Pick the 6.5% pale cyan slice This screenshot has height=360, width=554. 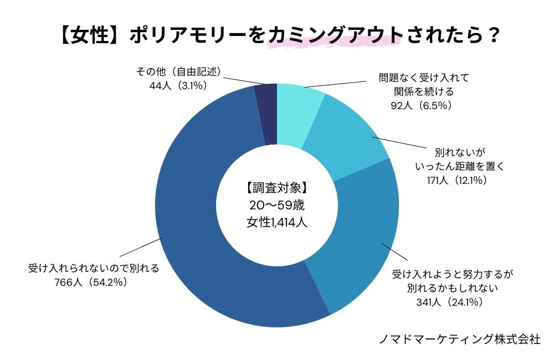[x=299, y=111]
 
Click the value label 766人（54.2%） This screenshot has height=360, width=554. [x=93, y=282]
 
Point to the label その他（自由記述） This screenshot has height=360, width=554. [x=178, y=72]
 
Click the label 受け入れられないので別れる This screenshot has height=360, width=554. [x=93, y=269]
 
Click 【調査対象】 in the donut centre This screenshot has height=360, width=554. [x=276, y=187]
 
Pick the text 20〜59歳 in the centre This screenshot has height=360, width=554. [x=276, y=205]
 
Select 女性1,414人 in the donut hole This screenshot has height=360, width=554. [x=276, y=223]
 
